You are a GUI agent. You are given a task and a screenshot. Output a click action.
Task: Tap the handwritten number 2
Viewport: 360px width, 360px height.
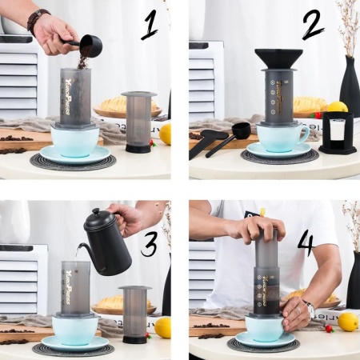pos(313,28)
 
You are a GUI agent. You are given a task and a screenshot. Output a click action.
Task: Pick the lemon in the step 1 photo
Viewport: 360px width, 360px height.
pos(165,134)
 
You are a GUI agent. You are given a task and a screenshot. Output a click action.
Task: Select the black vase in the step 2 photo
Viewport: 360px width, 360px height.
pos(350,88)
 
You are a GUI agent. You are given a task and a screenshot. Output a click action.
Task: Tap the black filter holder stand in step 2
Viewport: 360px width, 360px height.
pos(337,133)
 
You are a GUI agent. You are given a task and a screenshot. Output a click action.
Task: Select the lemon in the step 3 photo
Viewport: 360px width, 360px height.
pos(162,327)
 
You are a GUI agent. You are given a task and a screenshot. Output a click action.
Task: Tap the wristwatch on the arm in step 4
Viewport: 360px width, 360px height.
pos(309,309)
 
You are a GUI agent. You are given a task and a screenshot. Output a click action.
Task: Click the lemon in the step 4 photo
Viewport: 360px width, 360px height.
pos(348,321)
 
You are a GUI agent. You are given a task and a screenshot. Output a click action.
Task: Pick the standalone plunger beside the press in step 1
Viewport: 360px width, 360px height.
pos(138,121)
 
